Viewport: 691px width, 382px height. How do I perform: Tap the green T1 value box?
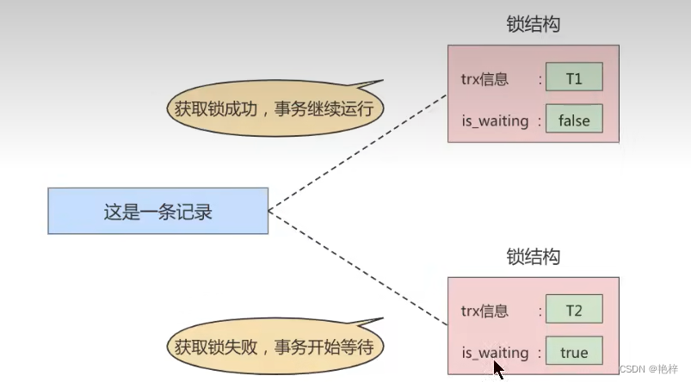click(x=574, y=79)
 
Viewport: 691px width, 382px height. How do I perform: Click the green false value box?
click(x=574, y=120)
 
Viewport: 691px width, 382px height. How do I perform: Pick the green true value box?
click(x=574, y=352)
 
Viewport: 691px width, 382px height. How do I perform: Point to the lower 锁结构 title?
click(x=534, y=256)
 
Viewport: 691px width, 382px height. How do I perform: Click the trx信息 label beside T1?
click(x=485, y=80)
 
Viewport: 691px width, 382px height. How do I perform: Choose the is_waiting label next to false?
click(x=495, y=121)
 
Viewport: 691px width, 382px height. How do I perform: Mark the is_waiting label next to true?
click(x=495, y=353)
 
